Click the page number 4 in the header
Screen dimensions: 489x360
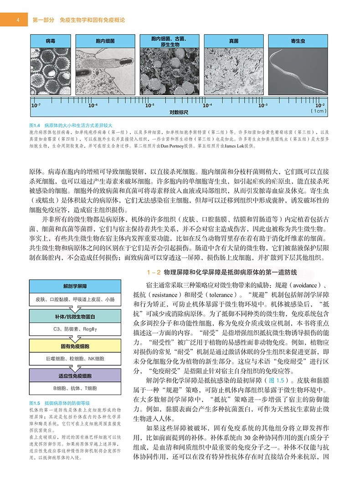click(17, 20)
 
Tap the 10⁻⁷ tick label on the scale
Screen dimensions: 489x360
click(36, 105)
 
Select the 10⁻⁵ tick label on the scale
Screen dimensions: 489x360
click(149, 105)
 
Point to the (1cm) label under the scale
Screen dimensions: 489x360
click(318, 111)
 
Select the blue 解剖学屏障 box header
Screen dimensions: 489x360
click(75, 286)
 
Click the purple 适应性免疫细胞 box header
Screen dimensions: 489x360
click(75, 375)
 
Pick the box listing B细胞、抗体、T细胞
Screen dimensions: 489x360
click(75, 388)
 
